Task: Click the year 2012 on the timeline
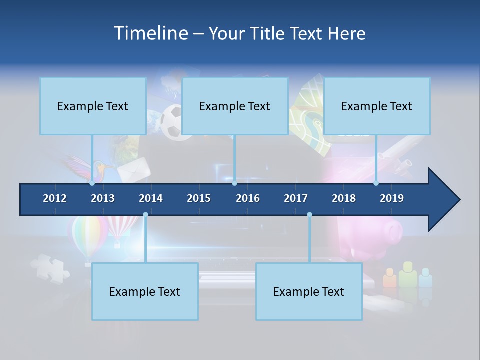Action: tap(55, 198)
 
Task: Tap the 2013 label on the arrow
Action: tap(103, 198)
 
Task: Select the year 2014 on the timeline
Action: tap(151, 198)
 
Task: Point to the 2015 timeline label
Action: tap(199, 198)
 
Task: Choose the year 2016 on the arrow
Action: tap(248, 198)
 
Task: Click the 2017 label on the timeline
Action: tap(296, 198)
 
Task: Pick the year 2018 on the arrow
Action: tap(344, 198)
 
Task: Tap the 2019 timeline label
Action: tap(392, 198)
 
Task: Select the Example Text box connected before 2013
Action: tap(93, 106)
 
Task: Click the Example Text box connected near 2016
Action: tap(235, 106)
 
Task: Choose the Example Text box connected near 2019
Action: tap(377, 106)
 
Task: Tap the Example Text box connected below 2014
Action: tap(145, 291)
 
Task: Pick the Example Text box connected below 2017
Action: tap(309, 291)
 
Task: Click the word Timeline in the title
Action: tap(150, 33)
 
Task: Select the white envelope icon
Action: tap(134, 170)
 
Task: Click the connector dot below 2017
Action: tap(309, 214)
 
